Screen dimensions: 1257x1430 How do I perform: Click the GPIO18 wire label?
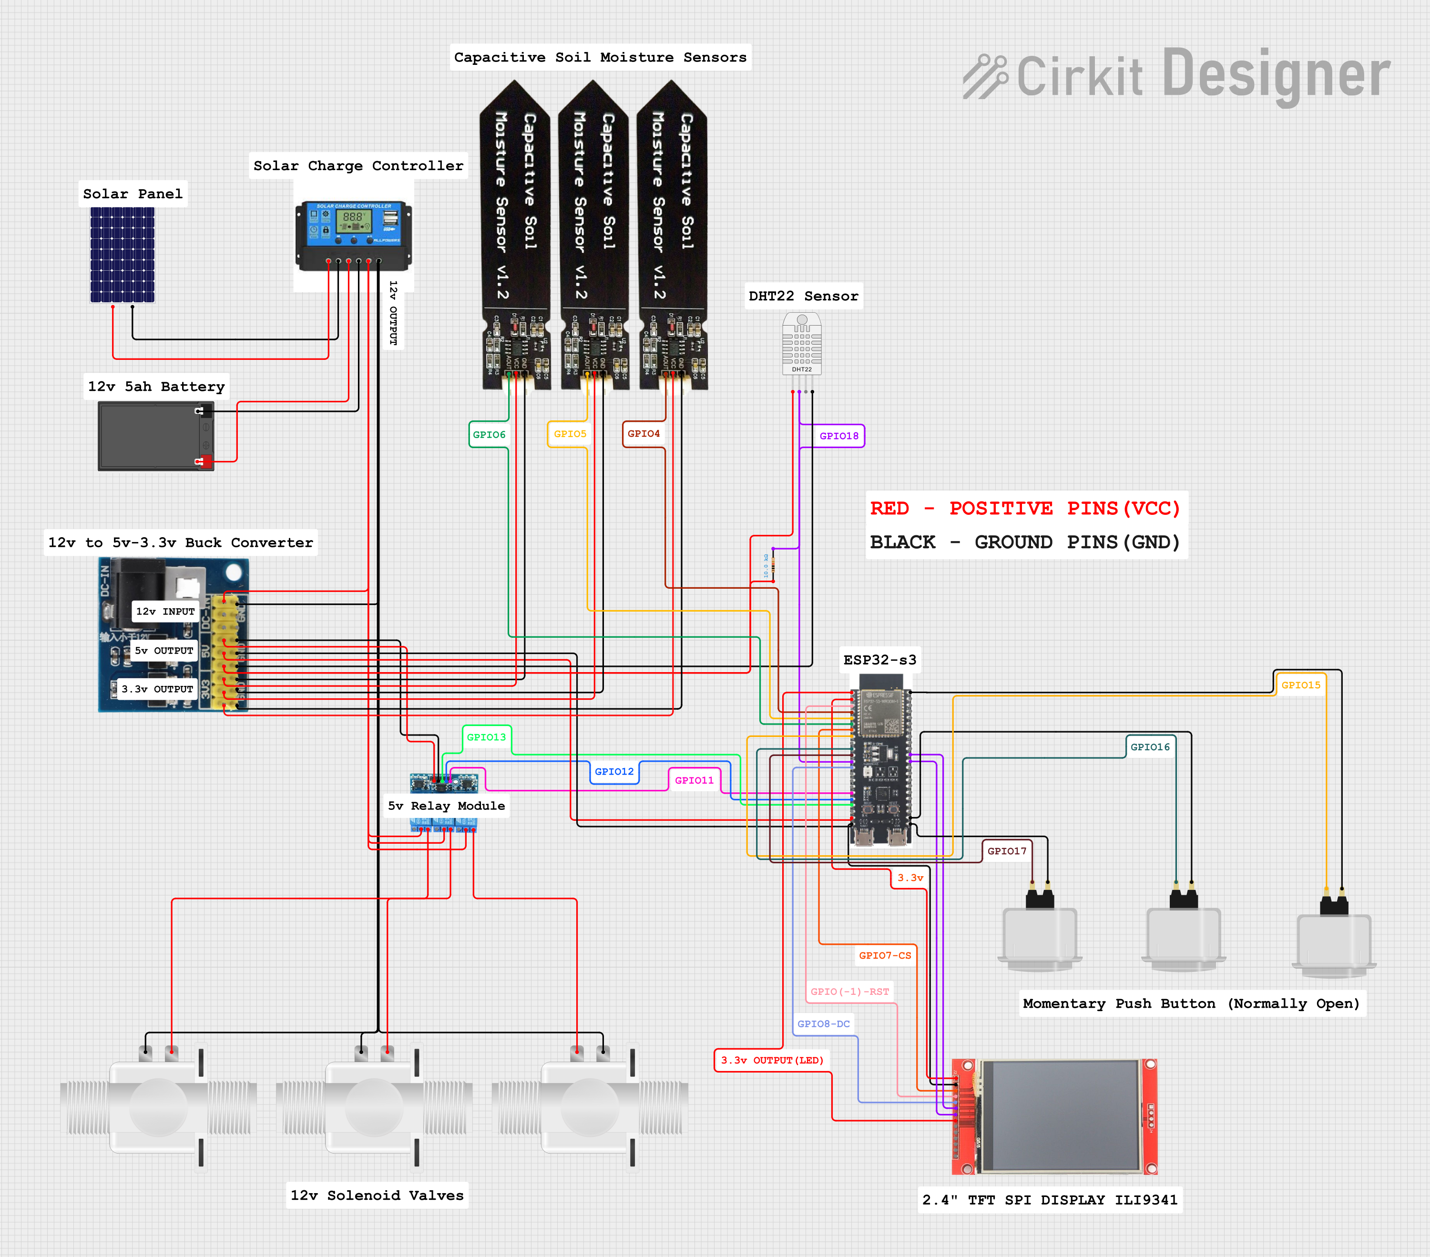coord(838,436)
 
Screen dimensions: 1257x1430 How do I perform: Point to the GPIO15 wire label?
coord(1300,685)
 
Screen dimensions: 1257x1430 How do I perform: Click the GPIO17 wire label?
coord(1006,850)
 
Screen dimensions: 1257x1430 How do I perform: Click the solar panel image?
coord(123,255)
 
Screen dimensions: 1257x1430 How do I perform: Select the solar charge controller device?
coord(354,235)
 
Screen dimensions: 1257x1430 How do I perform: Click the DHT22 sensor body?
coord(802,344)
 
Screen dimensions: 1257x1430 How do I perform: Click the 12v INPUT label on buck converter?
coord(165,612)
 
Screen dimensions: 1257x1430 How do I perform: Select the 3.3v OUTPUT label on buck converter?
coord(157,689)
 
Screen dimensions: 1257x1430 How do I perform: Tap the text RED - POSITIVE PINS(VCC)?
coord(1024,509)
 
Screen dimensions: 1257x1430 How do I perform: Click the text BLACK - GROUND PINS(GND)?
coord(1024,542)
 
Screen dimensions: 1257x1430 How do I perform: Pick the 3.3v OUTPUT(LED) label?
coord(772,1060)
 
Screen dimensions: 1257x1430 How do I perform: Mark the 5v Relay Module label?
coord(446,806)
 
